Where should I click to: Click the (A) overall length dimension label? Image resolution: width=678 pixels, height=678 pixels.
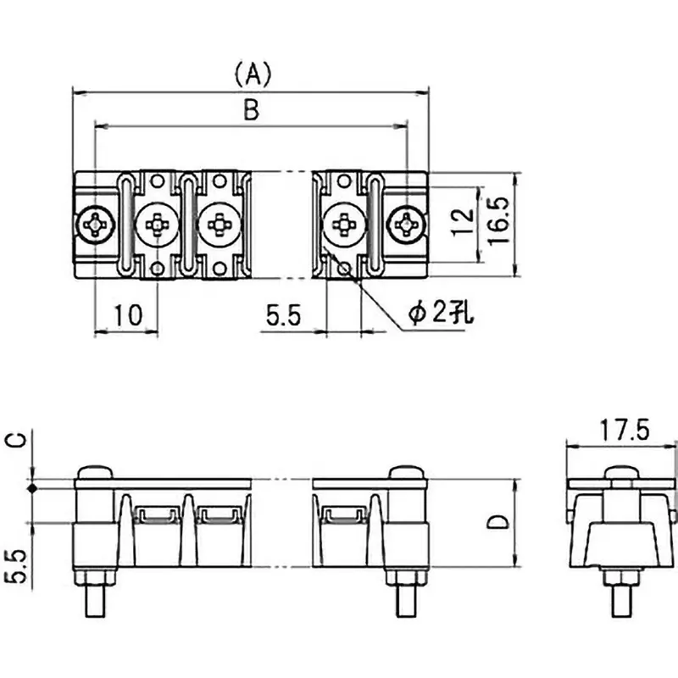coord(252,75)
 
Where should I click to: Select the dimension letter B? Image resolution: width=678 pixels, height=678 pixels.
coord(252,110)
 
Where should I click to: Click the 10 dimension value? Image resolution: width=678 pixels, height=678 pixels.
coord(127,316)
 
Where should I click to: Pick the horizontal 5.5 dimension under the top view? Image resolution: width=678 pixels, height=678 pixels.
coord(283,316)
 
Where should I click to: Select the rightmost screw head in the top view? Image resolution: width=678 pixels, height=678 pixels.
coord(408,225)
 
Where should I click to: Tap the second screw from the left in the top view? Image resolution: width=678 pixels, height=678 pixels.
coord(157,225)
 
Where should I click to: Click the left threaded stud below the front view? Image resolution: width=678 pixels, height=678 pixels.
coord(94,597)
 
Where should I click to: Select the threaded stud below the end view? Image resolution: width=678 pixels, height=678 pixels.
coord(623,597)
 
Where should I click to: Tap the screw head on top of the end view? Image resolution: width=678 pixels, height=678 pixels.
coord(623,471)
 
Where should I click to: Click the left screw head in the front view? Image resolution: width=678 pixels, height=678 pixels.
coord(94,471)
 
